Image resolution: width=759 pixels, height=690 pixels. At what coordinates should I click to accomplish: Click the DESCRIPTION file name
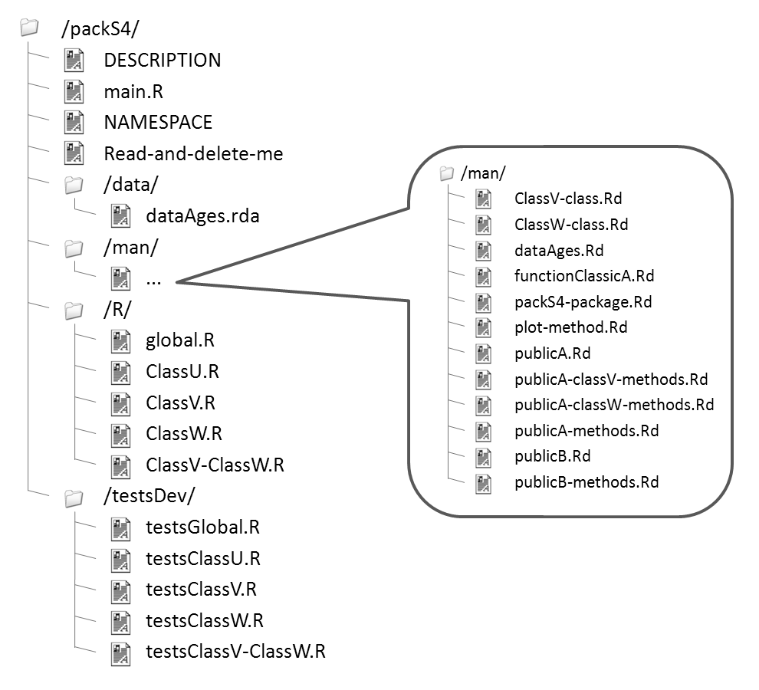click(162, 60)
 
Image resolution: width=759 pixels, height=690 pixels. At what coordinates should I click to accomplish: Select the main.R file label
click(133, 92)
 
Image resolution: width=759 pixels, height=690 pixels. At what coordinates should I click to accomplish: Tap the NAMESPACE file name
click(158, 122)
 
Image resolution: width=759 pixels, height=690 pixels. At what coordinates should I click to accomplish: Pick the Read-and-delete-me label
click(193, 153)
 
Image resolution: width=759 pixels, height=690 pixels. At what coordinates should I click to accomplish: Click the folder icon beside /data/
click(74, 185)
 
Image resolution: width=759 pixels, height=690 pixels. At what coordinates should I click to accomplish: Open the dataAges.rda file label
click(202, 215)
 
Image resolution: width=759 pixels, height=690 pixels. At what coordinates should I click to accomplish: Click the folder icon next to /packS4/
click(29, 28)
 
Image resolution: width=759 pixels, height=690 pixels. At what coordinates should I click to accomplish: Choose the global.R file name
click(179, 340)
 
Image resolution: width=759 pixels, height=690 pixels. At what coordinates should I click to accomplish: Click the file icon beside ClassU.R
click(120, 372)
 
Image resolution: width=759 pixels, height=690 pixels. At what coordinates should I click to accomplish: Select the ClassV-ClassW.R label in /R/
click(215, 465)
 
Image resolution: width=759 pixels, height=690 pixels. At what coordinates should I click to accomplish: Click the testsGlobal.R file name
click(202, 527)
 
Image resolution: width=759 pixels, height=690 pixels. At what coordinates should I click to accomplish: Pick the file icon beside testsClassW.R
click(120, 621)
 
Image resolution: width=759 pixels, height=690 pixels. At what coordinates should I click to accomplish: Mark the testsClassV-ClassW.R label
click(235, 652)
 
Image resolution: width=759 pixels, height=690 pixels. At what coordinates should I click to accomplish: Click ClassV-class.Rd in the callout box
click(568, 199)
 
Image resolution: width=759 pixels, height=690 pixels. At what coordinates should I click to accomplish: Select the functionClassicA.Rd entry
click(584, 276)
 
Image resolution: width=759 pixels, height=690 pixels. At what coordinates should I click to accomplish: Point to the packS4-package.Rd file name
click(583, 302)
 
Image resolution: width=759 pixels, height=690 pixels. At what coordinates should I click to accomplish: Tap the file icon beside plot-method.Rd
click(483, 328)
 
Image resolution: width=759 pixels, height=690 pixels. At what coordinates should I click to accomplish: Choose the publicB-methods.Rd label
click(586, 482)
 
